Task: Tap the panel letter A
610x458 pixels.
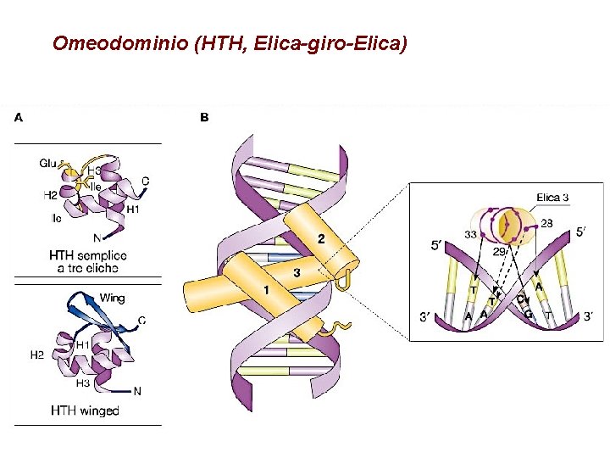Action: (18, 118)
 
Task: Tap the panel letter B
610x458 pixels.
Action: (204, 118)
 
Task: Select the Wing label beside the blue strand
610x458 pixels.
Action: (112, 298)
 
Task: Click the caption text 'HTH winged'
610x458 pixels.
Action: (85, 411)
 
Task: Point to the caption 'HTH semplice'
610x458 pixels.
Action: (88, 255)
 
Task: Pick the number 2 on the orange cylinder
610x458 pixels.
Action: (320, 239)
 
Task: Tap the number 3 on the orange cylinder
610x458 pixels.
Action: (296, 273)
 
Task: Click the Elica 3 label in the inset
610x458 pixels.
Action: (552, 198)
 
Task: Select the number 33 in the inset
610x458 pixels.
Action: (470, 234)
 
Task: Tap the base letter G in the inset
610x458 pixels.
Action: (529, 314)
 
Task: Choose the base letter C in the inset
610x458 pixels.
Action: (520, 299)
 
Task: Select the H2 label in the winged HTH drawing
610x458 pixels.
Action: (36, 355)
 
